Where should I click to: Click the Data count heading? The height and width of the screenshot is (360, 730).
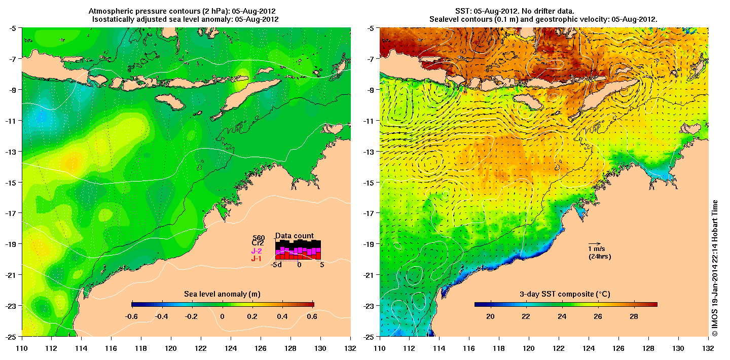pyautogui.click(x=295, y=236)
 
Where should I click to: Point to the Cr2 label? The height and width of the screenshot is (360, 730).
pyautogui.click(x=259, y=243)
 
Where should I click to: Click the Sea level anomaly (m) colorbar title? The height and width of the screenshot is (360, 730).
pyautogui.click(x=222, y=294)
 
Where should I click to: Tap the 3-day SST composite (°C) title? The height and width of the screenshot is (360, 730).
pyautogui.click(x=565, y=294)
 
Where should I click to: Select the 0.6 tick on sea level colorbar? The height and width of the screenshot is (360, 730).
pyautogui.click(x=312, y=316)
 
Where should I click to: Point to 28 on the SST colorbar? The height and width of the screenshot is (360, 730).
pyautogui.click(x=634, y=316)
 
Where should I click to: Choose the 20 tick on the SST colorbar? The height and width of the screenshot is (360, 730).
pyautogui.click(x=490, y=316)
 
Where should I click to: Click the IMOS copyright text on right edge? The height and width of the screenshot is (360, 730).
pyautogui.click(x=715, y=269)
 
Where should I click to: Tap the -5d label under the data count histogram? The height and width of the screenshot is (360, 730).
pyautogui.click(x=276, y=264)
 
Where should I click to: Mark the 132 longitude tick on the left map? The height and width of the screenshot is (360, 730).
pyautogui.click(x=350, y=348)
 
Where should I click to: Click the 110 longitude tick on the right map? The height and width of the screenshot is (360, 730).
pyautogui.click(x=379, y=348)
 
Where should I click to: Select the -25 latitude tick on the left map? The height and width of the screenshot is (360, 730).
pyautogui.click(x=11, y=336)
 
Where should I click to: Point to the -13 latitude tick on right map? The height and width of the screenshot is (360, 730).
pyautogui.click(x=369, y=151)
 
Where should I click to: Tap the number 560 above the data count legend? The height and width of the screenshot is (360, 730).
pyautogui.click(x=259, y=237)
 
